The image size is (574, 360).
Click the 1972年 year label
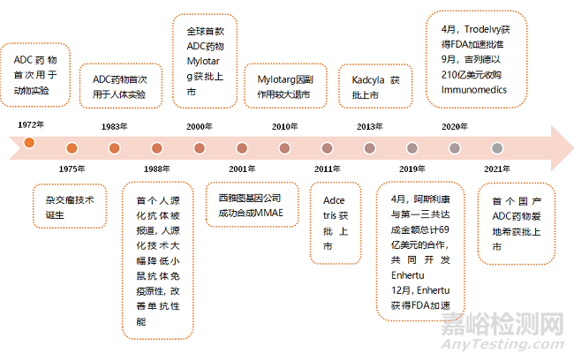point(31,124)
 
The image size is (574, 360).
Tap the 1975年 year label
point(72,169)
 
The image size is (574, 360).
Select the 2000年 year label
point(200,126)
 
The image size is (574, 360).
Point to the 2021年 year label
point(497,169)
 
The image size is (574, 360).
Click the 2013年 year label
point(370,126)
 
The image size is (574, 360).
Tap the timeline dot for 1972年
point(29,142)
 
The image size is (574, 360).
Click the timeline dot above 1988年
point(156,148)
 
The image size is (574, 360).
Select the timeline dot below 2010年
point(284,148)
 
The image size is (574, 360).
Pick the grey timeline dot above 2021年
point(497,148)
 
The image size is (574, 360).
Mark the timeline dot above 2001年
point(242,148)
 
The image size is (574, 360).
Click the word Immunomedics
point(473,90)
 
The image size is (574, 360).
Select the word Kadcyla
point(368,80)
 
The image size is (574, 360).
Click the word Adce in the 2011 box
point(334,200)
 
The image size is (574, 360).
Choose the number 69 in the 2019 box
point(443,229)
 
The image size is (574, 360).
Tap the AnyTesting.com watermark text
point(502,344)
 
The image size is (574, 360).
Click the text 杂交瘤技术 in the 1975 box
point(70,199)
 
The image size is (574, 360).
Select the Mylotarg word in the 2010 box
point(276,79)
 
